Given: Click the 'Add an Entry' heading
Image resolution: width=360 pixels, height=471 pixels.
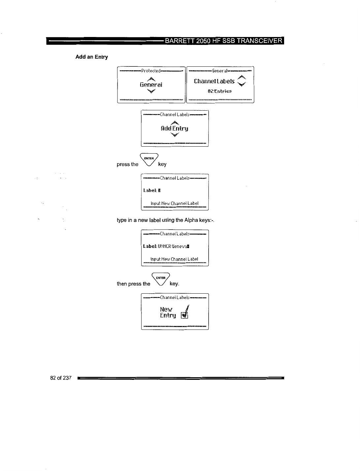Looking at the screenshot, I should coord(92,57).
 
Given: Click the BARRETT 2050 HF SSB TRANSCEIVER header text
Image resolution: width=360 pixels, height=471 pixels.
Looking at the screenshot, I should coord(224,41).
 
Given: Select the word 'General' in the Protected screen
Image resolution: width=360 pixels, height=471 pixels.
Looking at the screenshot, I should coord(151,85).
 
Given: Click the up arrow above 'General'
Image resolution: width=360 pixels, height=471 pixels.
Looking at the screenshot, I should coord(151,78).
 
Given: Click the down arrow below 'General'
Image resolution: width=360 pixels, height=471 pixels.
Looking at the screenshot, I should coord(151,91).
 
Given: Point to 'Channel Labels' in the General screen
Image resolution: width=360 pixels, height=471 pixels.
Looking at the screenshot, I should coord(214,81).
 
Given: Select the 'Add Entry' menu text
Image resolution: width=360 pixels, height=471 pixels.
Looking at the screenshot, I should coord(175,128).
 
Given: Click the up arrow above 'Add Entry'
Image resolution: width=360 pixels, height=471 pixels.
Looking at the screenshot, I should coord(175,122).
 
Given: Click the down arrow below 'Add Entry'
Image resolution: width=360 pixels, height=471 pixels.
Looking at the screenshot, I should coord(175,135).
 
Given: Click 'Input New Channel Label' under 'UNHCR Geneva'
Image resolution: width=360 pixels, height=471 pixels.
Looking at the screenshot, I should coord(174,259).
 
